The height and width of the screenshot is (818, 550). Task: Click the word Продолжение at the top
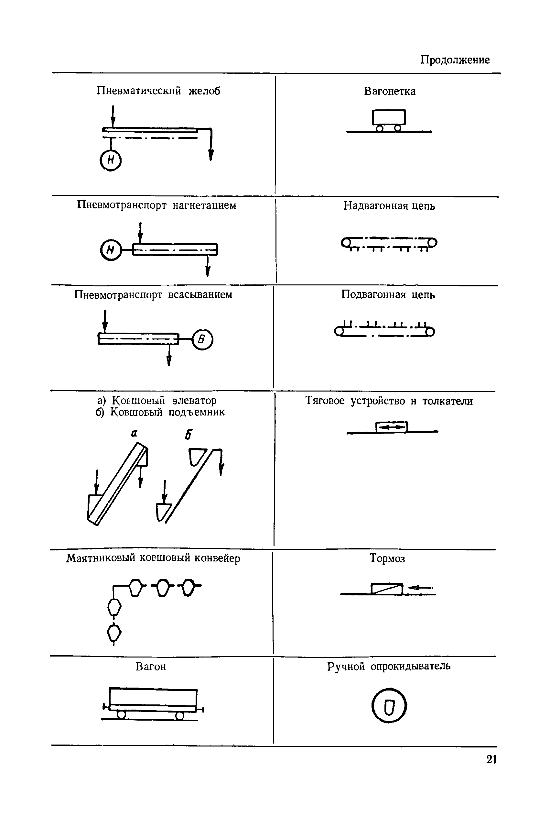pos(455,60)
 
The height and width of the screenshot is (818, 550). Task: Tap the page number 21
pos(491,759)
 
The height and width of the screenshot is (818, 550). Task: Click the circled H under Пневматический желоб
pos(111,160)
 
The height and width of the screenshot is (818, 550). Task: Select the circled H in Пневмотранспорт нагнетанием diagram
pos(111,250)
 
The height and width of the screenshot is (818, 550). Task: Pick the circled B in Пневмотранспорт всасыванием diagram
pos(202,339)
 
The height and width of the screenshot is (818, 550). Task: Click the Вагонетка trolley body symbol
pos(389,117)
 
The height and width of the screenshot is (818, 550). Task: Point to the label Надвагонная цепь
pos(389,206)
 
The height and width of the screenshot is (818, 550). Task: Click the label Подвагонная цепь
pos(388,294)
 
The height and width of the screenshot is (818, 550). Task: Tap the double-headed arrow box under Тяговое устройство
pos(392,427)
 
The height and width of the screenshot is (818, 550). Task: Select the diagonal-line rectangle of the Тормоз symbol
pos(386,589)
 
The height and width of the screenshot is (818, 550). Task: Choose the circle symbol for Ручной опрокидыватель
pos(389,705)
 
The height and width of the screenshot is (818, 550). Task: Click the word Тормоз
pos(387,558)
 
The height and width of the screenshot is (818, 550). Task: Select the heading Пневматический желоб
pos(158,91)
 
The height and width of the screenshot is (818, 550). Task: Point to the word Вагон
pos(150,666)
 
